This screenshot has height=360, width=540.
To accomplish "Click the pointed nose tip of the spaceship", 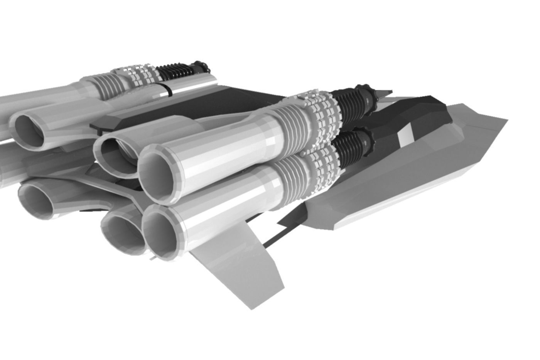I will coord(506,120).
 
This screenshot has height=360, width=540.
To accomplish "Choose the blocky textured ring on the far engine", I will coord(141,75).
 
